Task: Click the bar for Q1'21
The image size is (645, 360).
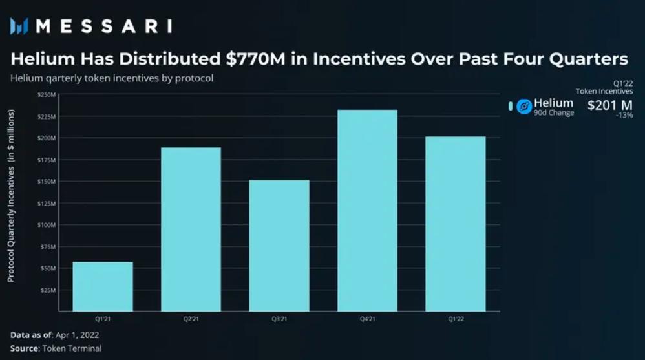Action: (x=103, y=286)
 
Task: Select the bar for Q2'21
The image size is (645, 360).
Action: (x=191, y=229)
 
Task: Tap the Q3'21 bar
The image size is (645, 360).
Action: (x=279, y=246)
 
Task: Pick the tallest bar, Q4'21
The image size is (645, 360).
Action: (x=367, y=211)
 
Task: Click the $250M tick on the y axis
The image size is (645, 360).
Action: (x=47, y=94)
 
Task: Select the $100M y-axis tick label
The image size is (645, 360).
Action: (x=47, y=225)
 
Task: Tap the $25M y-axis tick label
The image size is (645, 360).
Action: (x=48, y=290)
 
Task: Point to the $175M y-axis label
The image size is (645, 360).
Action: (x=47, y=160)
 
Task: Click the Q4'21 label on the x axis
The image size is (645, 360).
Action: (x=367, y=319)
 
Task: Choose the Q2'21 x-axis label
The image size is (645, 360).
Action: (x=191, y=319)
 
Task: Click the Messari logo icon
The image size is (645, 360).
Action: (x=19, y=26)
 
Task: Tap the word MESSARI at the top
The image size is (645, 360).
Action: (x=103, y=26)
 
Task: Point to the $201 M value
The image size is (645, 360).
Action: (x=609, y=105)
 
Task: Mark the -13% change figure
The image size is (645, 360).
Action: (x=624, y=116)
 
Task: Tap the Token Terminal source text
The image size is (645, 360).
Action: (x=72, y=348)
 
